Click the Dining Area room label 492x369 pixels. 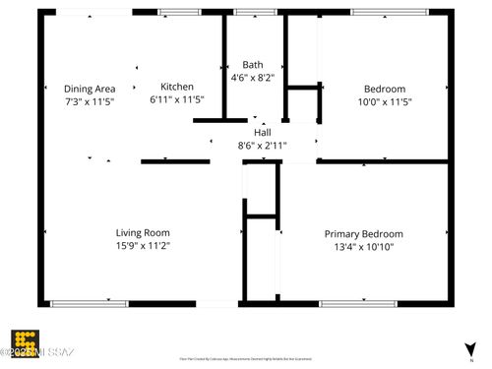(x=90, y=88)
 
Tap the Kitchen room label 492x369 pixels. (x=177, y=87)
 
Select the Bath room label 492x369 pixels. (x=253, y=65)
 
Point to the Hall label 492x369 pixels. (x=262, y=132)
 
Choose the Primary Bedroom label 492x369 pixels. (x=363, y=234)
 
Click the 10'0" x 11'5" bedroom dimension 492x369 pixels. (x=383, y=100)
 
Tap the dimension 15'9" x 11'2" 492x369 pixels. (x=144, y=246)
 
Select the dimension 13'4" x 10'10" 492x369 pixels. (x=363, y=248)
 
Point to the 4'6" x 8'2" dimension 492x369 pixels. (x=253, y=78)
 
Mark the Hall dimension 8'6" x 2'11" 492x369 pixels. (x=262, y=146)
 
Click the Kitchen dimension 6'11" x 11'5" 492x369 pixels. (x=178, y=100)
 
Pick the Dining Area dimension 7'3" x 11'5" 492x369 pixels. (x=90, y=101)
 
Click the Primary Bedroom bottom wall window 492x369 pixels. (x=358, y=304)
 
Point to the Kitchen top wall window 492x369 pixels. (x=177, y=12)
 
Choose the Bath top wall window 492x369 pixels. (x=256, y=12)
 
